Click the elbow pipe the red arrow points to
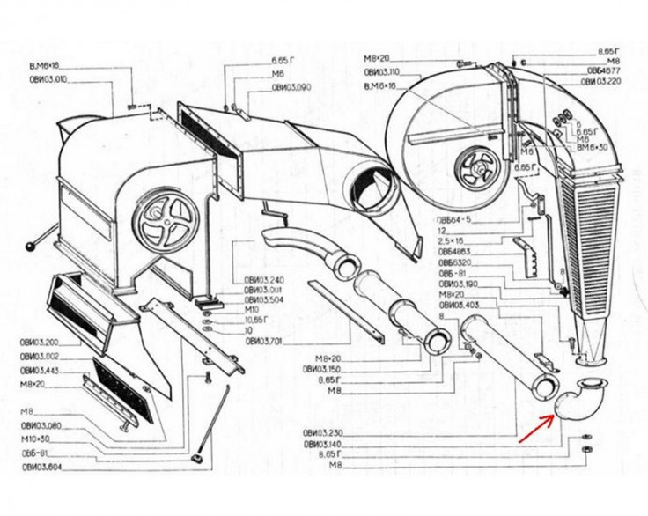578,399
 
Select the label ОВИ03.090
291,86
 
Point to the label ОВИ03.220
602,80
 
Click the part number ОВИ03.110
383,71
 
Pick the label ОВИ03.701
263,340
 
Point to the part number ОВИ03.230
322,433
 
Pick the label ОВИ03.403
458,305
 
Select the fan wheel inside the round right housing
477,166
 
